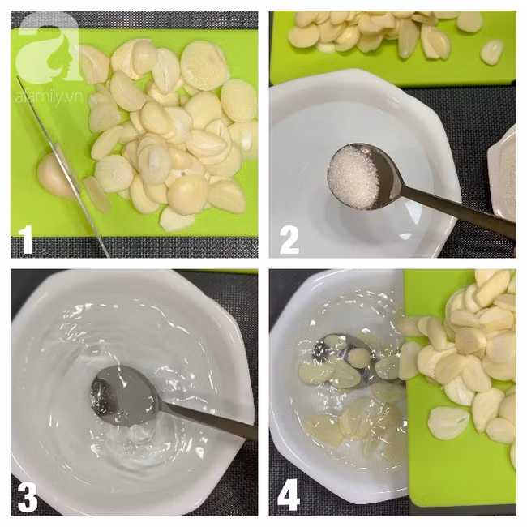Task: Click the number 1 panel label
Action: point(26,240)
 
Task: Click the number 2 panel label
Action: point(289,240)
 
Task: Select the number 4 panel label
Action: point(289,497)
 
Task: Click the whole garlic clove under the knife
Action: point(54,177)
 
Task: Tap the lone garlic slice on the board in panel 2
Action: point(491,51)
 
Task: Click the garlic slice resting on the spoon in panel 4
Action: point(358,358)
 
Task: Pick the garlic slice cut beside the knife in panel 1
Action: point(96,195)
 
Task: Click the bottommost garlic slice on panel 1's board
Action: point(177,218)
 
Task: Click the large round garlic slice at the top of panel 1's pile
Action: point(200,66)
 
